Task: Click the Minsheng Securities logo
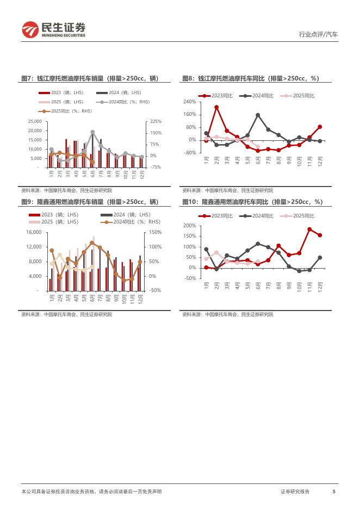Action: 53,30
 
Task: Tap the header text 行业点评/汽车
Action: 318,34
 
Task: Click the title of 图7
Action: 89,79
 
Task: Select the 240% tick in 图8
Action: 189,102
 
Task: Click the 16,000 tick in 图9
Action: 34,232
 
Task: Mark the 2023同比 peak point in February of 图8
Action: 216,107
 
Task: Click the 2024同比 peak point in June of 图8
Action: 258,115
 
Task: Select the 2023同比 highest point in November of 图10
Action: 309,229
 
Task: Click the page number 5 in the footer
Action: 334,491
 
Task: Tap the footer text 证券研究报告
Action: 295,491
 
